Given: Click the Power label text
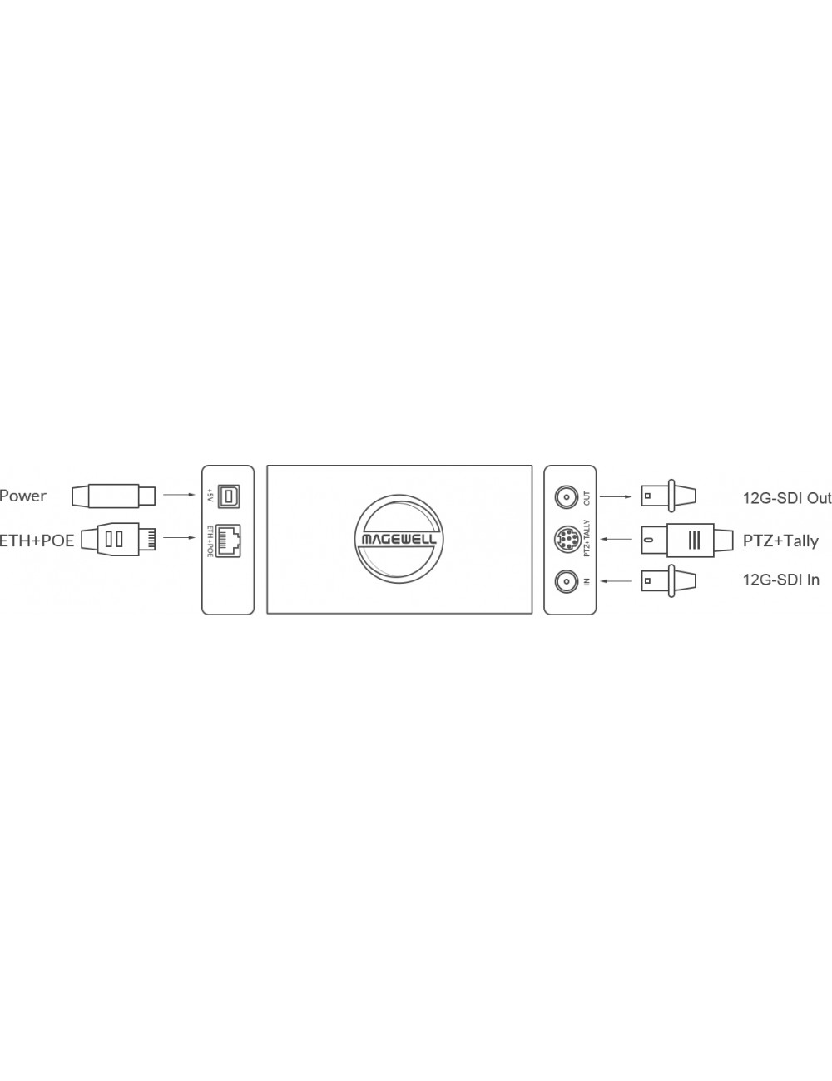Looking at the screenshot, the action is (x=23, y=496).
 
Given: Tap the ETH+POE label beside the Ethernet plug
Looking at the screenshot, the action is (x=37, y=540).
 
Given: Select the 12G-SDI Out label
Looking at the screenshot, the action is (x=787, y=497).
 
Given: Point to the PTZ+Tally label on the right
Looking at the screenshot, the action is (x=780, y=540).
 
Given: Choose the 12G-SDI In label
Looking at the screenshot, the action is (x=780, y=580).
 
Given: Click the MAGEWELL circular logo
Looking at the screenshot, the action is (x=399, y=540).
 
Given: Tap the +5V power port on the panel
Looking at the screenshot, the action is (x=230, y=496).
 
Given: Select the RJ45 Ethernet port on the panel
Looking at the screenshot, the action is (x=229, y=540).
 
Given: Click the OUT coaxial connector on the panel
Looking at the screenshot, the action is (x=567, y=497).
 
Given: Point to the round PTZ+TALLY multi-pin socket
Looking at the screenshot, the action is (x=567, y=539).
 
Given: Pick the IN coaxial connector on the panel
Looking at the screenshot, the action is (x=567, y=580).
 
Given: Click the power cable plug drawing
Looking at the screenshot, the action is (x=113, y=496).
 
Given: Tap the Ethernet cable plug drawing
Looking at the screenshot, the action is (x=118, y=540).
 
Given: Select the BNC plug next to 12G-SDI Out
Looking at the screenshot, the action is (x=668, y=496).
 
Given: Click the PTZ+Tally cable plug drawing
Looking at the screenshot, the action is (x=687, y=540).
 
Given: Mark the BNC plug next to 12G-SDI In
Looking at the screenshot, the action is (x=668, y=580).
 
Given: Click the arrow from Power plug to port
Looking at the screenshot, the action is (x=179, y=495).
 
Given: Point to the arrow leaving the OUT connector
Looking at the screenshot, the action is (x=616, y=496).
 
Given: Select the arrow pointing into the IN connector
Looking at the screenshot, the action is (x=616, y=580).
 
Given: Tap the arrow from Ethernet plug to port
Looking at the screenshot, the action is (x=179, y=538).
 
